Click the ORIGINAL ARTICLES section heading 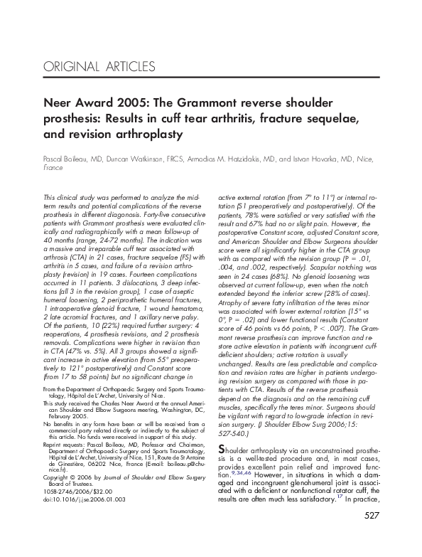pos(99,68)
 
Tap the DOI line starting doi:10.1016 pos(77,499)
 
